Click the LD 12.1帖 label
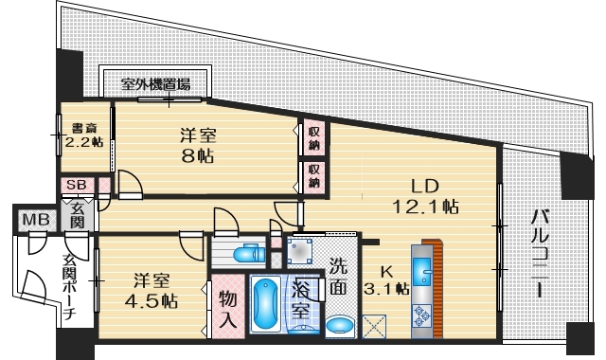click(423, 195)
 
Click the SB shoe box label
click(74, 184)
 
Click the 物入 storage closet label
click(227, 307)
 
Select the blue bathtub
click(266, 305)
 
